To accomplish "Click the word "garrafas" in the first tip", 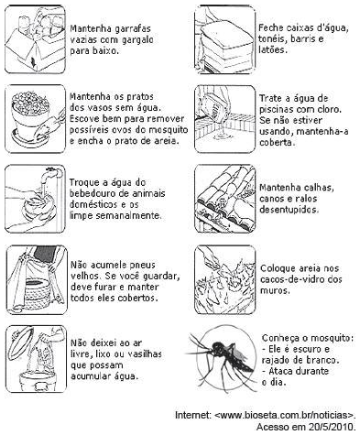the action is click(x=133, y=29).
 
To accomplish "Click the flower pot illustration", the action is click(x=30, y=118).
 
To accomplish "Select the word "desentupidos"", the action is click(x=289, y=210).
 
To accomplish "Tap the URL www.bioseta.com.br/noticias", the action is click(x=285, y=416).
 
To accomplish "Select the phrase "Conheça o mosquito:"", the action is click(x=308, y=338).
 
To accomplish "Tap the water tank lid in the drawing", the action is click(x=227, y=34).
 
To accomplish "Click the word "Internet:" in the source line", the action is click(x=192, y=416).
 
